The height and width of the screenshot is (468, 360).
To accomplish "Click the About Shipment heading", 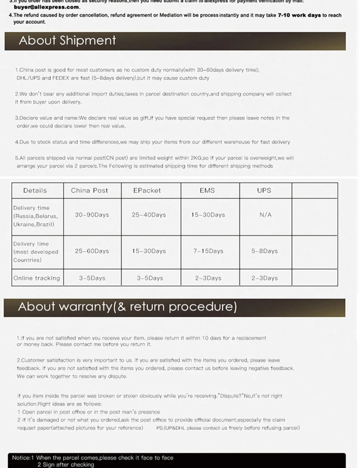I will [x=67, y=40].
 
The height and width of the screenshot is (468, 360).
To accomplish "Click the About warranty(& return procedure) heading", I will [x=127, y=307].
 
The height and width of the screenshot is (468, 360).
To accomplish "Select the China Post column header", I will [x=90, y=190].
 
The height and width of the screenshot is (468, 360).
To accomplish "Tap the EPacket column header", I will [x=147, y=190].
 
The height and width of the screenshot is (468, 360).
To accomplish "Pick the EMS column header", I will [x=207, y=190].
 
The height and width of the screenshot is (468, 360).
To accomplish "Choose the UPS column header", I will [x=264, y=190].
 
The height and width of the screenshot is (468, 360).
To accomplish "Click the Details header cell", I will [x=35, y=190].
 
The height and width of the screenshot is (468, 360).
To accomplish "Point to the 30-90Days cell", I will [x=92, y=215].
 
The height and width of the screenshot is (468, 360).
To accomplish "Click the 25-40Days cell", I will [x=149, y=215].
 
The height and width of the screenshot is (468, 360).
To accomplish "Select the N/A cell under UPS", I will [x=265, y=215].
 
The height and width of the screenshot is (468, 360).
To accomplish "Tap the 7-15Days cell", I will [x=208, y=251].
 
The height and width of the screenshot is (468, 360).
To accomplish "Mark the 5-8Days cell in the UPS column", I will [x=265, y=251].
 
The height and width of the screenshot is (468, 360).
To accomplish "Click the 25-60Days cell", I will [x=92, y=251].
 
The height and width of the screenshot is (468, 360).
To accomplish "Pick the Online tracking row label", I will [x=36, y=278].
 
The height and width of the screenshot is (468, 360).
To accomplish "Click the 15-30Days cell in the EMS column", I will [x=208, y=215].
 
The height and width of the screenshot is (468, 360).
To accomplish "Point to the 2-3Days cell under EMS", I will [x=208, y=278].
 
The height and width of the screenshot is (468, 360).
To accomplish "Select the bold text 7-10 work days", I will [x=299, y=15].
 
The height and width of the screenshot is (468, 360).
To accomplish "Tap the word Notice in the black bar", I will [x=21, y=458].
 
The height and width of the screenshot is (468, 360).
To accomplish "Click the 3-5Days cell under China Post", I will [x=92, y=278].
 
